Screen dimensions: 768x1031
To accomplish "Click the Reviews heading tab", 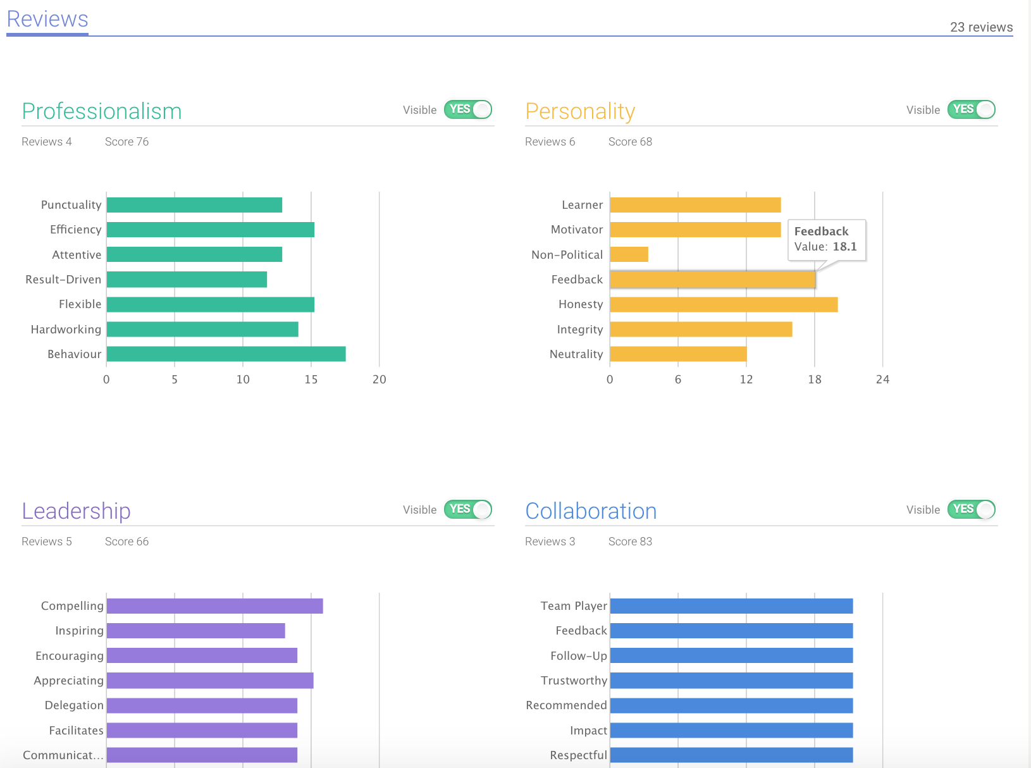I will point(47,20).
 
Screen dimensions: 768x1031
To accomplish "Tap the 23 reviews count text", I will point(981,27).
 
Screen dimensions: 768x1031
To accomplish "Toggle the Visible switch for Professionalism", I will point(468,109).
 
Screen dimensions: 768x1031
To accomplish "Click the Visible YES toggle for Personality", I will point(971,109).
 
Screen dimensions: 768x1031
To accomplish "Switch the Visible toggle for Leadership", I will point(468,509).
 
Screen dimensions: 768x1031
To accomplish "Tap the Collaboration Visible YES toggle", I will point(971,509).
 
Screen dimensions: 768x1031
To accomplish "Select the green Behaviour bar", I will point(226,354).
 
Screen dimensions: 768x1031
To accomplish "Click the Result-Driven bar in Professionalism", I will point(187,280).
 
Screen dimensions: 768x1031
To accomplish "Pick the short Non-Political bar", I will point(629,254).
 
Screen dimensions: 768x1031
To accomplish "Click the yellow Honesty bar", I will point(724,304).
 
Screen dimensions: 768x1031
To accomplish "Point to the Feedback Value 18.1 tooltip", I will point(826,239).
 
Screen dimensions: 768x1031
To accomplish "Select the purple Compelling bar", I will point(214,606).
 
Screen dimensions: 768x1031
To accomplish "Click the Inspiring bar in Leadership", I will point(195,631).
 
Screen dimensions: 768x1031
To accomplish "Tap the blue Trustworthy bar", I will point(731,681).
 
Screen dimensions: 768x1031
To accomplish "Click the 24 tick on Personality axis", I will point(882,380).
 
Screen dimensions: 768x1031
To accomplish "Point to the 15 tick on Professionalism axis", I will point(311,380).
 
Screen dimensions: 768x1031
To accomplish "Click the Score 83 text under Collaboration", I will point(630,542).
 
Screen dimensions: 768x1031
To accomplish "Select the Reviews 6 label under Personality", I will point(550,142).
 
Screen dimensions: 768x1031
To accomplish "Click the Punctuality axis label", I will point(71,205).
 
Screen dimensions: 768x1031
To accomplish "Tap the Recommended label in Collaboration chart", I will point(566,705).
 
